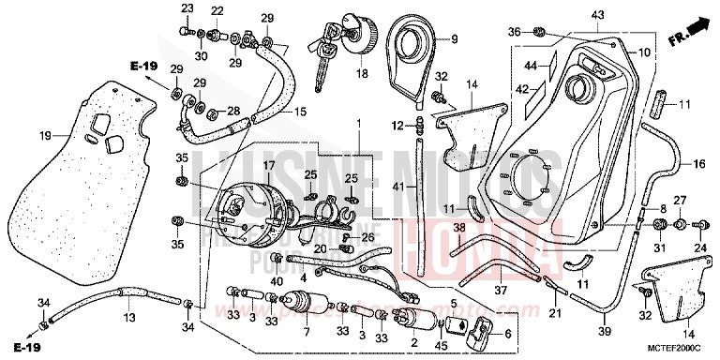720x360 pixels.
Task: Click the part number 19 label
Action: pos(19,136)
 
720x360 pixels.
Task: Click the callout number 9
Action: pos(453,39)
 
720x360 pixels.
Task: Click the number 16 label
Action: pos(698,165)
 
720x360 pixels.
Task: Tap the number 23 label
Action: pos(186,8)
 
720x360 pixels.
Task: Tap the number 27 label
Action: pos(680,200)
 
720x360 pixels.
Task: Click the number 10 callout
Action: pos(643,52)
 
